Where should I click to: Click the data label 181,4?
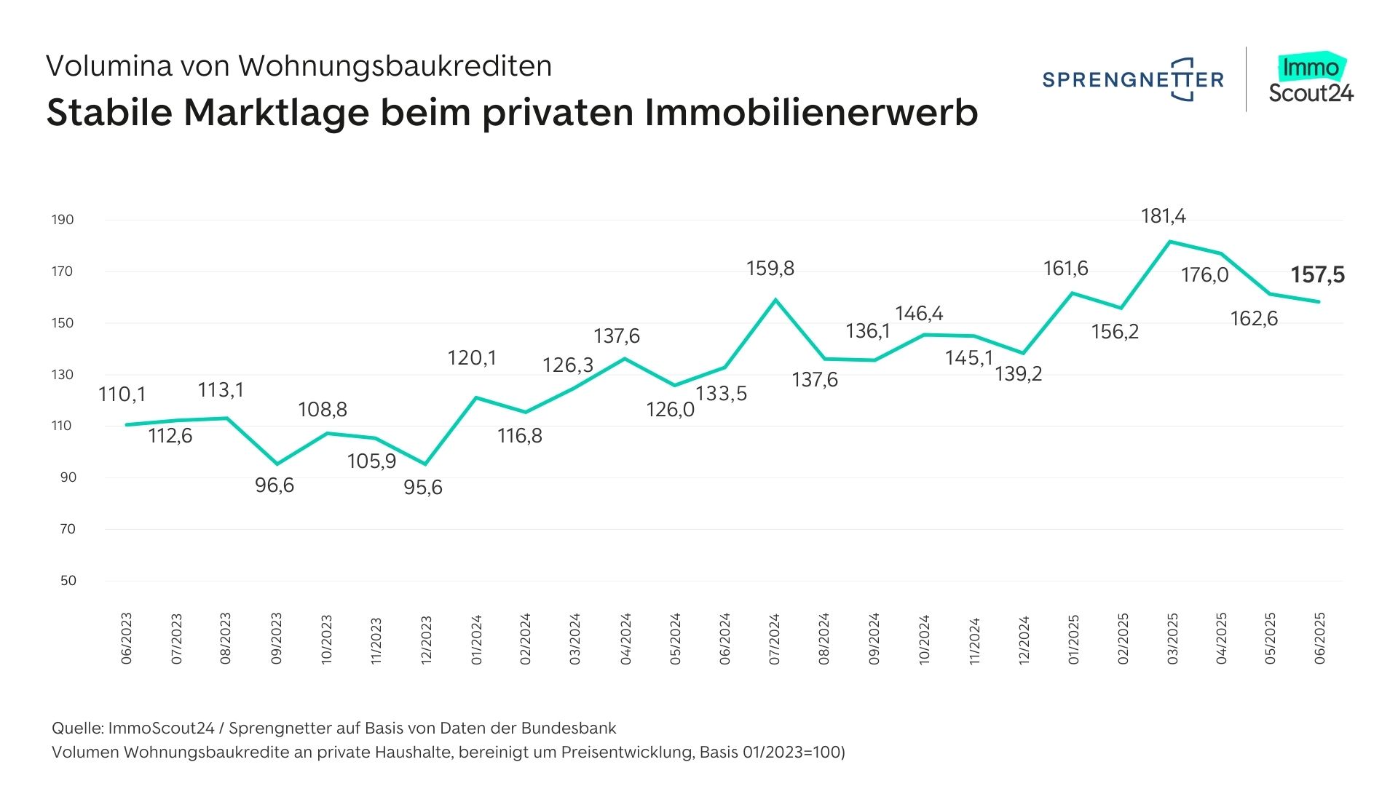1163,216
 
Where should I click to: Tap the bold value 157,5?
1317,275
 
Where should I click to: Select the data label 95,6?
423,488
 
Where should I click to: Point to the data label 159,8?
770,269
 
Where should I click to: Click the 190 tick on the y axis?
63,220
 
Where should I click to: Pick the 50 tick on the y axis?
68,581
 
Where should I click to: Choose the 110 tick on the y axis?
63,426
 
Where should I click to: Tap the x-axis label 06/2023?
127,638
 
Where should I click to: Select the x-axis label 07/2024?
774,638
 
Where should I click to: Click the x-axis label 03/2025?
1172,638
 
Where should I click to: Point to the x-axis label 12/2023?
426,639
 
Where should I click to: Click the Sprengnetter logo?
1133,79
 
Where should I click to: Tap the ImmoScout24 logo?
1311,79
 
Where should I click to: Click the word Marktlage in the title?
276,113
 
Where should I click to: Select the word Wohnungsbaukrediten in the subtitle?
395,66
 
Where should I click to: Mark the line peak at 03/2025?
1170,242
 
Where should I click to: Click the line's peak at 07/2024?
775,299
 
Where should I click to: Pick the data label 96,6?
275,485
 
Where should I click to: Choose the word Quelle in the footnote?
76,729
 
